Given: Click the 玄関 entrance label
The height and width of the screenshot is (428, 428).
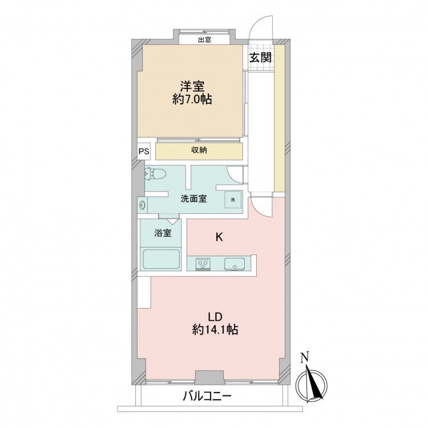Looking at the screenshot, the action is [261, 58].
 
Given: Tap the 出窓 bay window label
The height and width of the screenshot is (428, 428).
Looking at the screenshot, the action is [204, 40].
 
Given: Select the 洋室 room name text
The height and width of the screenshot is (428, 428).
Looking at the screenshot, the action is [192, 86].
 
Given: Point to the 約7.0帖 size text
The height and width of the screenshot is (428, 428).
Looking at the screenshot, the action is [192, 99].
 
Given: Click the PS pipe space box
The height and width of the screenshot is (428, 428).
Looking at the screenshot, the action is [144, 151].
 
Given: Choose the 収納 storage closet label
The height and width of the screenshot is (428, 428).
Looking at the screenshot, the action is [199, 150].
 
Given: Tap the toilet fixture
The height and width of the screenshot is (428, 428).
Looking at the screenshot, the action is [155, 173].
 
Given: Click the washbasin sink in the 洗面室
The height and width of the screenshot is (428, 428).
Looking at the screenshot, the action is [143, 205].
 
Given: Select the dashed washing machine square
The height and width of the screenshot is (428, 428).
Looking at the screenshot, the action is [233, 199].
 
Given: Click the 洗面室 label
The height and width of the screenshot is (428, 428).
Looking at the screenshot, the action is [194, 199].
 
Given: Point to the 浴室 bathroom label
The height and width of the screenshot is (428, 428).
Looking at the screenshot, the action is [163, 233].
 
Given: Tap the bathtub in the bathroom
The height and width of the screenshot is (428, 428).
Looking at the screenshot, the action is [161, 259].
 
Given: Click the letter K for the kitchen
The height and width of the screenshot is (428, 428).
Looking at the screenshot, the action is [219, 237].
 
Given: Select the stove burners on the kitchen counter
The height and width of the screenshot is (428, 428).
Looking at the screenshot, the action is [203, 264].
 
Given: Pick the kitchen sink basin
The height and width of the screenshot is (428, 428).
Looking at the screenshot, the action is [235, 264].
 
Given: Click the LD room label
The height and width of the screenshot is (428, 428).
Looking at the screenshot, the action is [215, 317].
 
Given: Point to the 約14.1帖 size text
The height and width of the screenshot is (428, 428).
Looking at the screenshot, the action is [215, 330].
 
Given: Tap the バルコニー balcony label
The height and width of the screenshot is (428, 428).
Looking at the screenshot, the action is [207, 396].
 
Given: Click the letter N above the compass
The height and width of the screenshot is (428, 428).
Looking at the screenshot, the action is [305, 358].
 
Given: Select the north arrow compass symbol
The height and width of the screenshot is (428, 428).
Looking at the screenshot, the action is [312, 386].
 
